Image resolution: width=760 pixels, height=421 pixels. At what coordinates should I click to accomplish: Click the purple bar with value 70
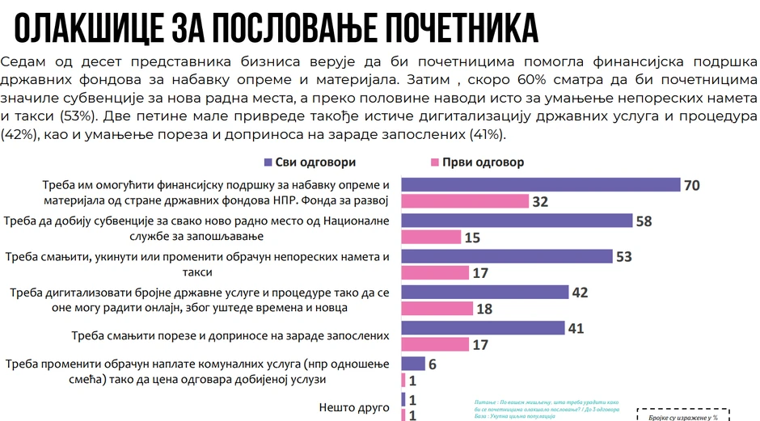[x=541, y=184]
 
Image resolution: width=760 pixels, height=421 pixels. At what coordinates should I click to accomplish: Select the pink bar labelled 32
[x=465, y=201]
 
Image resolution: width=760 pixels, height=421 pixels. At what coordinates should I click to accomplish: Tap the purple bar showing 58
[x=517, y=221]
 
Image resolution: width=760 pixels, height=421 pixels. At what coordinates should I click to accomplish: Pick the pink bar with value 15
[x=431, y=237]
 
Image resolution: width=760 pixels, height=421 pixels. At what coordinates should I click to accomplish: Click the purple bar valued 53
[x=507, y=256]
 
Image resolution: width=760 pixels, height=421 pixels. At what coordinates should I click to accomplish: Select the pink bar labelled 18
[x=437, y=308]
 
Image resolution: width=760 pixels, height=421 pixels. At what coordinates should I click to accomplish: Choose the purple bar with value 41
[x=483, y=327]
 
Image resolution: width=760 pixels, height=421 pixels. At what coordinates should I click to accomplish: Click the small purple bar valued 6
[x=413, y=364]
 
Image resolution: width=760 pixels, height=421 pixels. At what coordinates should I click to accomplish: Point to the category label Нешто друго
[x=354, y=408]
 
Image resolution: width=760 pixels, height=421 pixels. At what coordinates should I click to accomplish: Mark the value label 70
[x=691, y=185]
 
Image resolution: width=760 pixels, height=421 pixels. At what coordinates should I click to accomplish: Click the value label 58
[x=644, y=221]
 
